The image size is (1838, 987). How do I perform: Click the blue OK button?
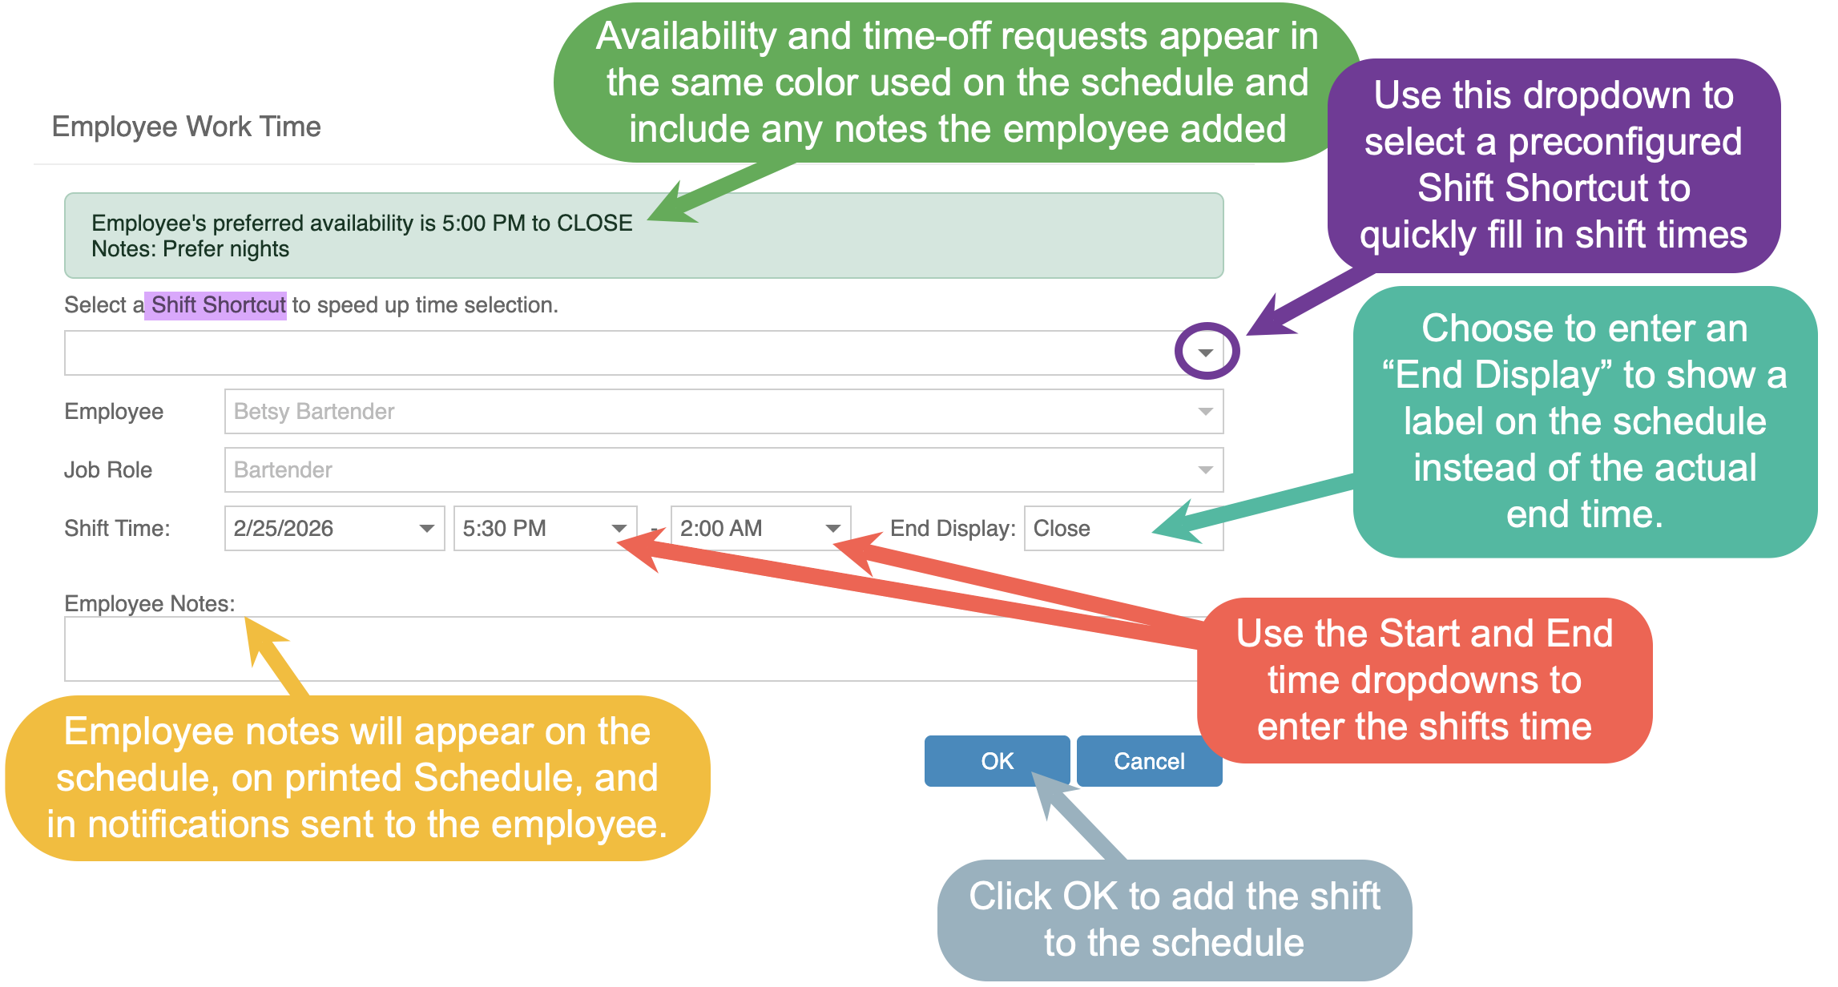pos(996,760)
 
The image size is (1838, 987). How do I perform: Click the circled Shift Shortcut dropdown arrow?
pos(1206,352)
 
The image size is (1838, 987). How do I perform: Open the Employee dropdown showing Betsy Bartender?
pos(723,412)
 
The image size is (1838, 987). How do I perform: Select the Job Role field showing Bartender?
pos(723,470)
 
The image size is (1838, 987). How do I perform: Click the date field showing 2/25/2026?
pos(333,529)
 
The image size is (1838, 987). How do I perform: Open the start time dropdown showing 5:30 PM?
pos(544,529)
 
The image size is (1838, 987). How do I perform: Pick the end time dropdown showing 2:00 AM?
pos(760,529)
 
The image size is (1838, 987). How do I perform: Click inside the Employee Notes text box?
pos(625,649)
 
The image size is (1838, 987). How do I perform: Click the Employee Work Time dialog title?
pos(187,127)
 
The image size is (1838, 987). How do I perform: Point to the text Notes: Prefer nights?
pos(191,249)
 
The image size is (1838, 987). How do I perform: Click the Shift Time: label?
pos(117,529)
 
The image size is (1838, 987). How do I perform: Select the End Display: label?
pos(953,529)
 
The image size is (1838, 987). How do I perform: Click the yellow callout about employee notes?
pos(357,778)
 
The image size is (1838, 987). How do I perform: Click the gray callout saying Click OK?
pos(1175,919)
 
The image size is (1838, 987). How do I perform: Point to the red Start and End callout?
pos(1424,680)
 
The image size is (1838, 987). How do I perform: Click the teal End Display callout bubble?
pos(1584,421)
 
